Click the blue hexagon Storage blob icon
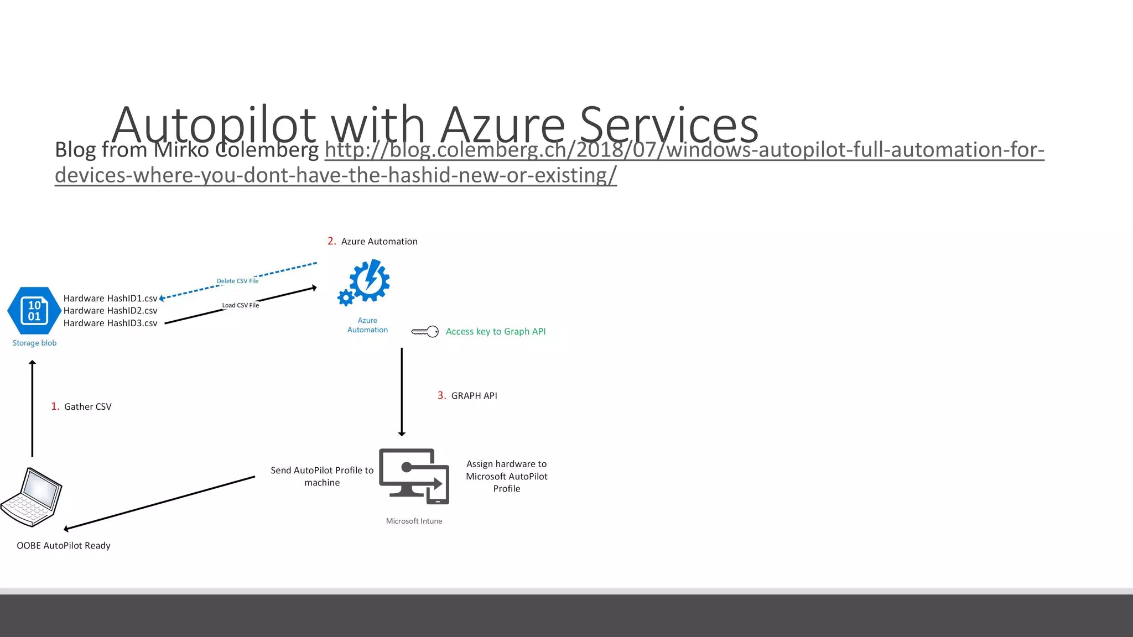pyautogui.click(x=34, y=311)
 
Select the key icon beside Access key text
pyautogui.click(x=425, y=332)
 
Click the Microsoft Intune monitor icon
pyautogui.click(x=414, y=476)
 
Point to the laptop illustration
pyautogui.click(x=32, y=497)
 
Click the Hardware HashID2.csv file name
pyautogui.click(x=110, y=311)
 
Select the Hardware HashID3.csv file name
pyautogui.click(x=110, y=323)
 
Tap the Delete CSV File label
pyautogui.click(x=237, y=281)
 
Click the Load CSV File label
pyautogui.click(x=240, y=305)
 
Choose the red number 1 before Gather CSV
pyautogui.click(x=55, y=406)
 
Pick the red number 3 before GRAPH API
pyautogui.click(x=441, y=395)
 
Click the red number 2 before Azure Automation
pyautogui.click(x=331, y=241)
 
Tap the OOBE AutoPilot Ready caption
pyautogui.click(x=64, y=546)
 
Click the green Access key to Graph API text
pyautogui.click(x=496, y=332)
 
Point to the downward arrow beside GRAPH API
pyautogui.click(x=402, y=391)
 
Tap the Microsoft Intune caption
pyautogui.click(x=414, y=521)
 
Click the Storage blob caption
pyautogui.click(x=34, y=343)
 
